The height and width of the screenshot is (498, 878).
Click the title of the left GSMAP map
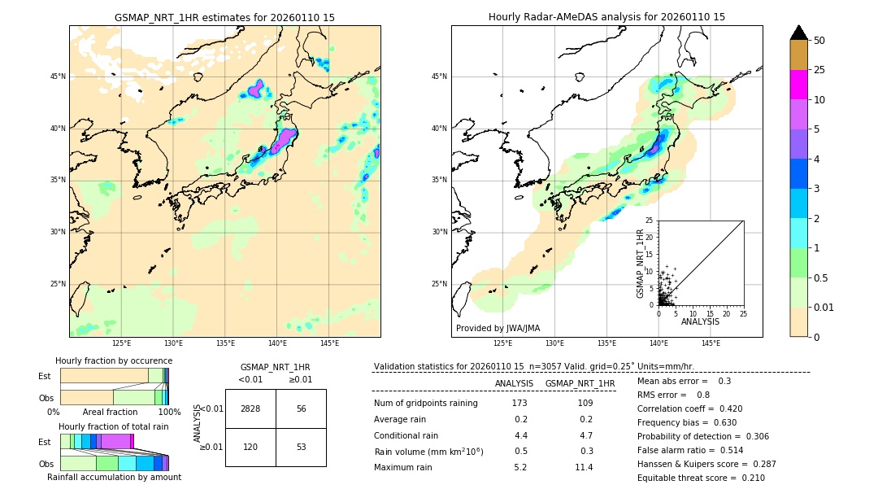pyautogui.click(x=224, y=17)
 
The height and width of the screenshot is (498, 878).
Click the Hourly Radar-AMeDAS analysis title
pyautogui.click(x=606, y=17)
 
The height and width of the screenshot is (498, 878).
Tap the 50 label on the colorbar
pyautogui.click(x=819, y=41)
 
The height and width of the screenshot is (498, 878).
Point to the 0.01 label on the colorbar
pyautogui.click(x=824, y=307)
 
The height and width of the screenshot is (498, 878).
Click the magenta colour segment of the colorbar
pyautogui.click(x=798, y=85)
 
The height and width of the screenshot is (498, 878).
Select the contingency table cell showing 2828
pyautogui.click(x=250, y=408)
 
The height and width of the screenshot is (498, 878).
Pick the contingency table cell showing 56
pyautogui.click(x=301, y=408)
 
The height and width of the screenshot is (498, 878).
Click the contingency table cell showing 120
pyautogui.click(x=250, y=448)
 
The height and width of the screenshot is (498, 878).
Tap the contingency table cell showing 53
pyautogui.click(x=301, y=448)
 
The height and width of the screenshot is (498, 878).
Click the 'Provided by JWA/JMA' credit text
pyautogui.click(x=498, y=329)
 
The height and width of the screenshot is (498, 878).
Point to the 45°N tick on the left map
pyautogui.click(x=58, y=76)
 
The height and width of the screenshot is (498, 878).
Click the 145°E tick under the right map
pyautogui.click(x=711, y=343)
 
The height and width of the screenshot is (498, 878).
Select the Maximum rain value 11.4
pyautogui.click(x=584, y=467)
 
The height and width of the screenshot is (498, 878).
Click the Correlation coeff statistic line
pyautogui.click(x=689, y=409)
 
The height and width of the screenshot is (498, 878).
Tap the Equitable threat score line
pyautogui.click(x=701, y=478)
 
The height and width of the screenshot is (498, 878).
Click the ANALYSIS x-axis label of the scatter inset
pyautogui.click(x=700, y=321)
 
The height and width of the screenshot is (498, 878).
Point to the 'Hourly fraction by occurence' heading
pyautogui.click(x=114, y=360)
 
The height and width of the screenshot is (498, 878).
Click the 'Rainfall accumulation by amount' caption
pyautogui.click(x=114, y=477)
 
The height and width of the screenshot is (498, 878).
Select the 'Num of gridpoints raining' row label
pyautogui.click(x=426, y=403)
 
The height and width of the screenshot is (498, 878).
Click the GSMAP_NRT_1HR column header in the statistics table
pyautogui.click(x=580, y=383)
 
